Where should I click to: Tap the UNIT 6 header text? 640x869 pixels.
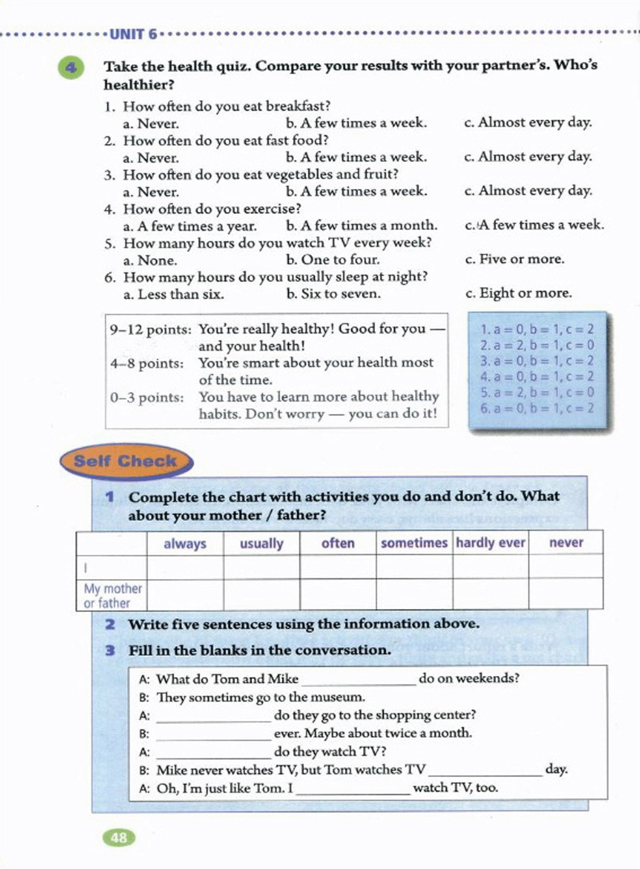134,34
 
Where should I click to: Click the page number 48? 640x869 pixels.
118,837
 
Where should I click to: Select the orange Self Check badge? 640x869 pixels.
126,461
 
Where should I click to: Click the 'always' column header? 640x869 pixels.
185,543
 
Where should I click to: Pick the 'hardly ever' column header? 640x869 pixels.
491,543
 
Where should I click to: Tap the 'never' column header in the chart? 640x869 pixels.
566,543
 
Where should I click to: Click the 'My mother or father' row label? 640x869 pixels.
112,595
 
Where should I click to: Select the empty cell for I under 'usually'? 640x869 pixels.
261,566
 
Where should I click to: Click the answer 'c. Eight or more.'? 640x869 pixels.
519,293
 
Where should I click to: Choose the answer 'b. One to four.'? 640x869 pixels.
332,259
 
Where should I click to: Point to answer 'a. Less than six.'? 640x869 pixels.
173,294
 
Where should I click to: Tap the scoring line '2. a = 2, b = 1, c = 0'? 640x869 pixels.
537,345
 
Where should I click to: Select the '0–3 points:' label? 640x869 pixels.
147,398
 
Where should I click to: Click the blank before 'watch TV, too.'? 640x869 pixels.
353,789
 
